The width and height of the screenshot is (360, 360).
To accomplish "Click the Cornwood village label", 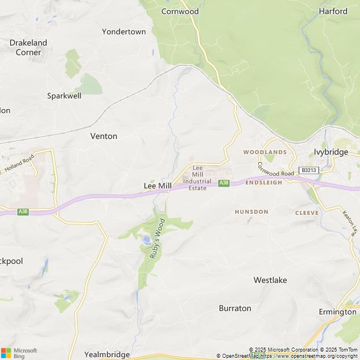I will [x=180, y=11].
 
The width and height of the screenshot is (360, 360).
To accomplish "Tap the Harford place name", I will [x=333, y=11].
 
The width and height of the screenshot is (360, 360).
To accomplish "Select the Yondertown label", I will [x=124, y=31].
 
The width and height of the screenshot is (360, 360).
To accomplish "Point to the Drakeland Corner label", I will [x=28, y=47].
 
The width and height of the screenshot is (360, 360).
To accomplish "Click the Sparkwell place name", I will [x=64, y=96].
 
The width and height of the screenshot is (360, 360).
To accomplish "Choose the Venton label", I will [x=104, y=136].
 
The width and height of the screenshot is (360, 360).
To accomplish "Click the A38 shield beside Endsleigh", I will [x=224, y=183].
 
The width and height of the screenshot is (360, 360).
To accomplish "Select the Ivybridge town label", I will [x=330, y=152].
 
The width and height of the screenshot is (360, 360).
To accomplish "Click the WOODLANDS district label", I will [x=265, y=152].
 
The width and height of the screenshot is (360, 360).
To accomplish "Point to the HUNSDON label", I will [x=251, y=211].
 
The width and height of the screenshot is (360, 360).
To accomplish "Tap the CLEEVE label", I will [x=307, y=213].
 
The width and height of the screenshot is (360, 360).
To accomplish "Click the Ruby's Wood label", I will [x=157, y=238].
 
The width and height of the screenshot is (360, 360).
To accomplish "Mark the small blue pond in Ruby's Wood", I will [x=146, y=240].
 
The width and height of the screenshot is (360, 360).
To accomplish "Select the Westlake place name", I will [x=270, y=280].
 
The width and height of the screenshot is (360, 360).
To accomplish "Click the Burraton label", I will [x=235, y=308].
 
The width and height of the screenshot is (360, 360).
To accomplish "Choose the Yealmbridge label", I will [x=107, y=354].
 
